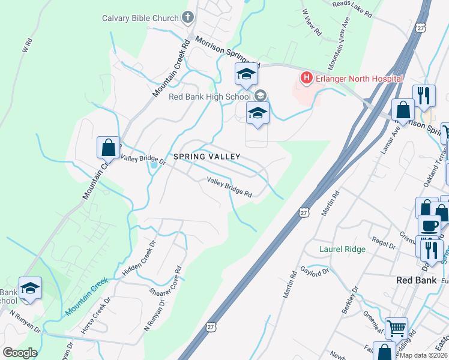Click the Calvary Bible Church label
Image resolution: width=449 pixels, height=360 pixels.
tap(140, 18)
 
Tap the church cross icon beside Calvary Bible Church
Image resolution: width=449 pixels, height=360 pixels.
tap(188, 17)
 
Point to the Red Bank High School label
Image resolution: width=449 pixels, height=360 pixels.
tap(209, 97)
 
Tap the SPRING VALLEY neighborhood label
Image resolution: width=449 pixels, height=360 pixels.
tap(207, 157)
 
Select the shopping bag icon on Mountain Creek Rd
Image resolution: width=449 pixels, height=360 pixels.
tap(108, 147)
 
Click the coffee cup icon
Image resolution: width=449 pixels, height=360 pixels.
tap(429, 226)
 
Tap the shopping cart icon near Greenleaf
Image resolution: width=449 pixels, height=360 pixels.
tap(396, 328)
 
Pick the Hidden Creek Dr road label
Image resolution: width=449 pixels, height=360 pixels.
tap(140, 257)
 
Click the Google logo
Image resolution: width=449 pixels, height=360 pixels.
tap(20, 353)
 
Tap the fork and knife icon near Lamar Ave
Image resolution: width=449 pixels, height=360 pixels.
tap(424, 96)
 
